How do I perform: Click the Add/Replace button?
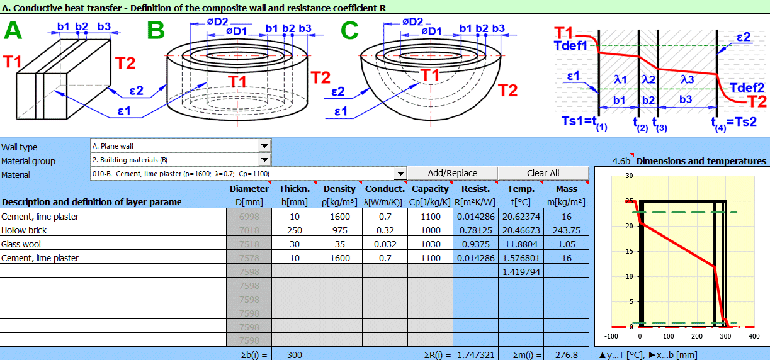[x=452, y=173]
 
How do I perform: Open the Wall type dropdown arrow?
[x=264, y=146]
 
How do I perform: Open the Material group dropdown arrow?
[x=264, y=160]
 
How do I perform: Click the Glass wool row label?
[x=21, y=244]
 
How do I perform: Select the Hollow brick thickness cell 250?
[x=294, y=230]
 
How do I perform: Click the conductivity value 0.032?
[x=385, y=244]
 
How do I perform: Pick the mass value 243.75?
[x=566, y=230]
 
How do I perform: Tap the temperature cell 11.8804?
[x=521, y=244]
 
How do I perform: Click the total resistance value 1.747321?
[x=475, y=354]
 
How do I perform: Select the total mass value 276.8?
[x=566, y=354]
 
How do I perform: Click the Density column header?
[x=339, y=189]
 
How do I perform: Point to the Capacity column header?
[x=430, y=189]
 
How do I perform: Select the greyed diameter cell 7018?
[x=249, y=230]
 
